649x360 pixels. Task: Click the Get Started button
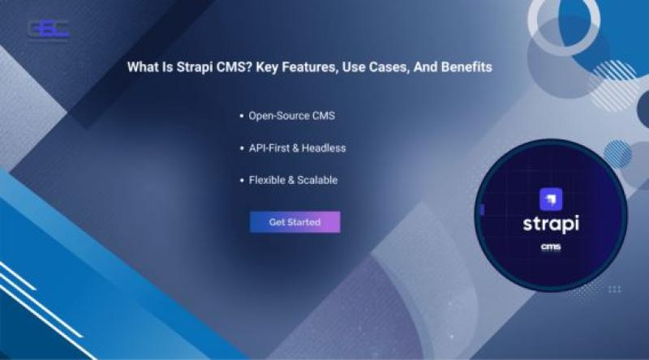pyautogui.click(x=294, y=222)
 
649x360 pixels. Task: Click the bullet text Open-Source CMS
pyautogui.click(x=292, y=116)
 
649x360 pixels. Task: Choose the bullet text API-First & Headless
pyautogui.click(x=297, y=148)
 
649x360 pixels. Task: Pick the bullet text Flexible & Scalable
pyautogui.click(x=293, y=180)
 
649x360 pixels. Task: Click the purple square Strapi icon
pyautogui.click(x=551, y=199)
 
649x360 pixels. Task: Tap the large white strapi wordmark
pyautogui.click(x=551, y=225)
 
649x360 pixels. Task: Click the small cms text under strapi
pyautogui.click(x=551, y=247)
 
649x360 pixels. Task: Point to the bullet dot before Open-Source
pyautogui.click(x=242, y=116)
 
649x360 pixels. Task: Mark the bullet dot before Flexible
pyautogui.click(x=242, y=181)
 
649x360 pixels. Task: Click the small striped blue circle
pyautogui.click(x=617, y=154)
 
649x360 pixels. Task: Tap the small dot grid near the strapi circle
pyautogui.click(x=615, y=289)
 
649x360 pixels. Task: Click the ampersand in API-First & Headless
pyautogui.click(x=296, y=148)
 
